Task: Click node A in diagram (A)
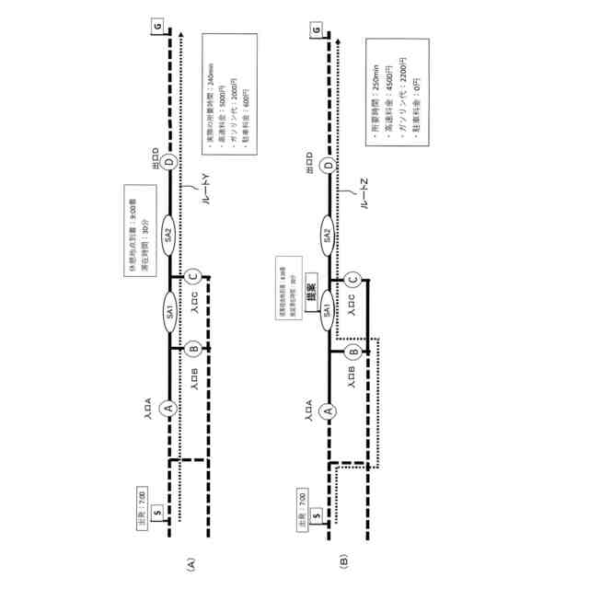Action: click(167, 408)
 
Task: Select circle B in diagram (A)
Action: click(193, 350)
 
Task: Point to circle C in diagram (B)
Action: click(352, 276)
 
